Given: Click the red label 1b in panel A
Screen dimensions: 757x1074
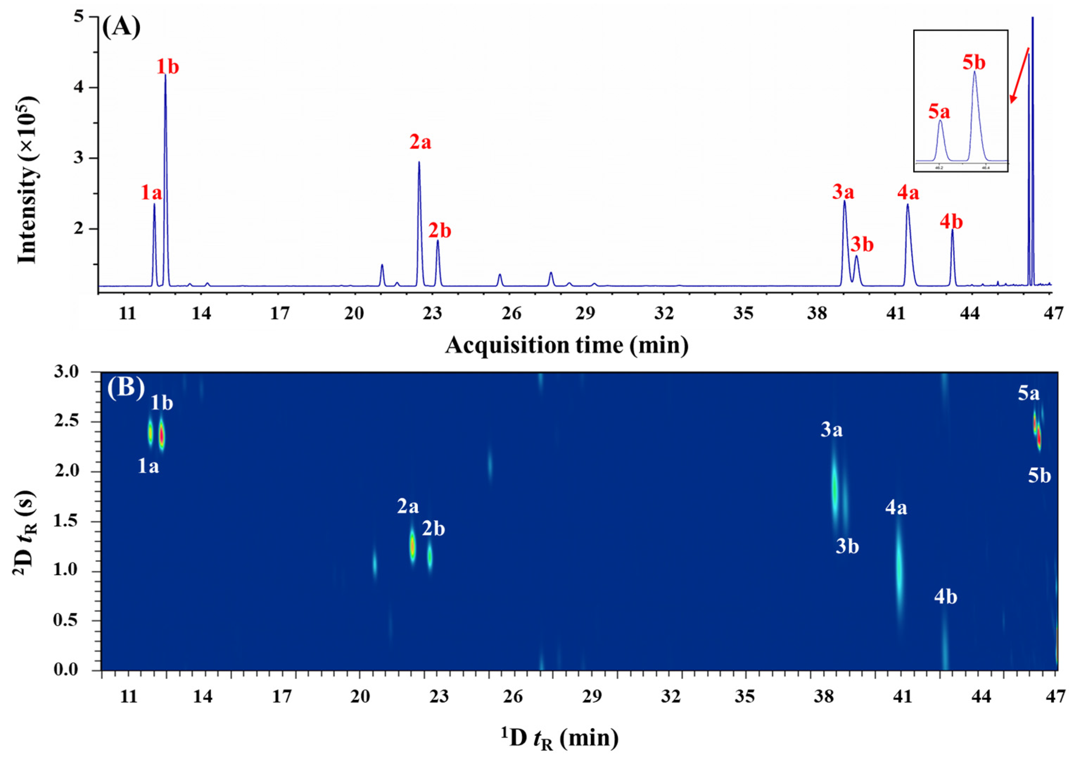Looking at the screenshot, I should pyautogui.click(x=167, y=67).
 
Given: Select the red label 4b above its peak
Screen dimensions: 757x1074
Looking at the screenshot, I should pyautogui.click(x=951, y=222).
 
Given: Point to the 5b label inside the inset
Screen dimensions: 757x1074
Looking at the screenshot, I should pyautogui.click(x=974, y=63).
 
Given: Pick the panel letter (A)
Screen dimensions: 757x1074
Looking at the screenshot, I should pyautogui.click(x=121, y=29).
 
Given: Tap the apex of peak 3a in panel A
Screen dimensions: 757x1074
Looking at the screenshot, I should pyautogui.click(x=844, y=201).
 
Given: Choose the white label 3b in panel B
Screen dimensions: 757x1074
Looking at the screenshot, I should pyautogui.click(x=847, y=547).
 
